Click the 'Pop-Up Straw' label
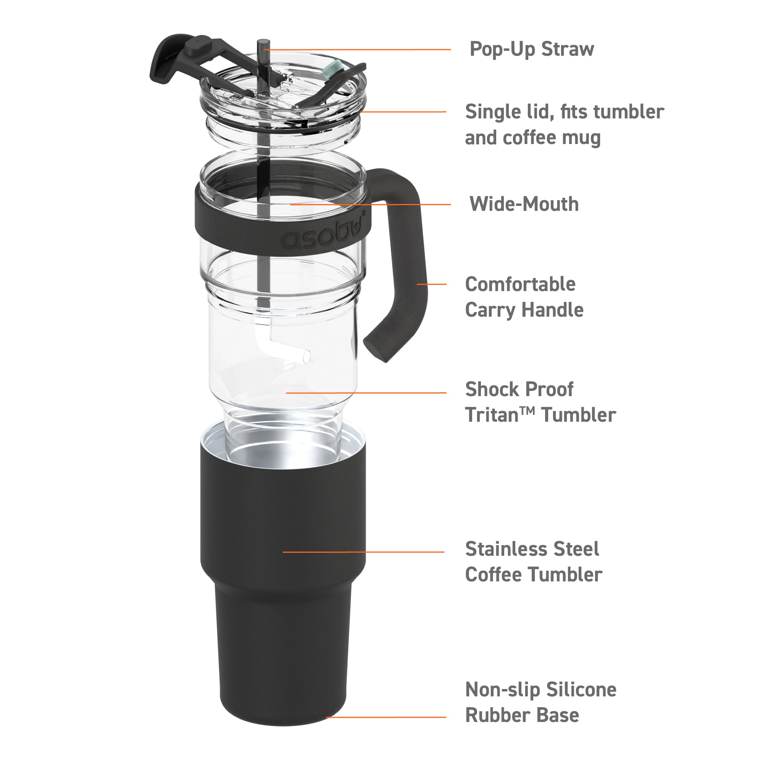click(531, 49)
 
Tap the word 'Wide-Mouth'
click(524, 204)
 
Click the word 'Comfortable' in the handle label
click(520, 284)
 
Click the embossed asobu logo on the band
click(322, 236)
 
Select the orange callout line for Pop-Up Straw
click(356, 49)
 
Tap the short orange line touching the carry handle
click(431, 284)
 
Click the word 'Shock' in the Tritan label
click(489, 390)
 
